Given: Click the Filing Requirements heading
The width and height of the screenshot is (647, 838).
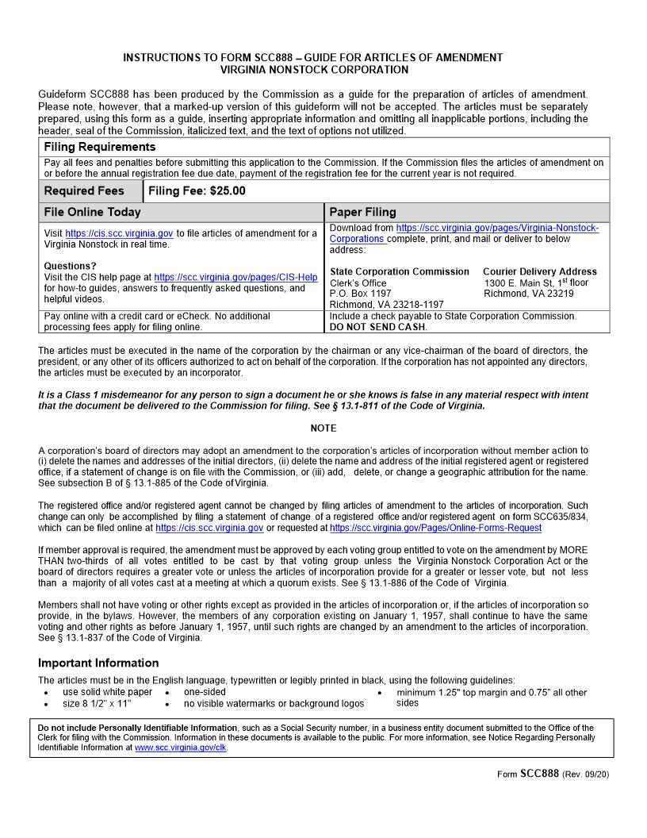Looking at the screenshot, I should [100, 147].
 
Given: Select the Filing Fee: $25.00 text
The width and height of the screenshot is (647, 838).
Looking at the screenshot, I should [197, 191].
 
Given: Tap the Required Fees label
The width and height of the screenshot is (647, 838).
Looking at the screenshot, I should [84, 191].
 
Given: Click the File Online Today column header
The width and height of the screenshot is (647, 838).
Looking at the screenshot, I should [92, 213].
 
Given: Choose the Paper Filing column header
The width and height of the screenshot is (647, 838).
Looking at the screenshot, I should [362, 213].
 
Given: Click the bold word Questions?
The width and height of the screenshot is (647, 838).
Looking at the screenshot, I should [70, 266].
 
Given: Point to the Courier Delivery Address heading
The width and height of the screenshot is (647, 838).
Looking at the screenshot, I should [539, 271].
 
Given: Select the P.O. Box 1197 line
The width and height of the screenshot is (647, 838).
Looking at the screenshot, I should [360, 294].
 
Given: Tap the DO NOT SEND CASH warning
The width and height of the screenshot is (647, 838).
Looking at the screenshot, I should [377, 327].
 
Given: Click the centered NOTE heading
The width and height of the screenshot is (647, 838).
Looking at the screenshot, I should [323, 429].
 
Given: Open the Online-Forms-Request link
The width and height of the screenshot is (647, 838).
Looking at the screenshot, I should [435, 528].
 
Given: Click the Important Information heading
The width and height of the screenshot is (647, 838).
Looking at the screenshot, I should [98, 663].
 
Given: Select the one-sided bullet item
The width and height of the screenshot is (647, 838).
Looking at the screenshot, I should [205, 692].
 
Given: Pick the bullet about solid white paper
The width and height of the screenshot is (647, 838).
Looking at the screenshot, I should [107, 692].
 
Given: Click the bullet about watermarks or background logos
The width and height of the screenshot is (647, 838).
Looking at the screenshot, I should [274, 703].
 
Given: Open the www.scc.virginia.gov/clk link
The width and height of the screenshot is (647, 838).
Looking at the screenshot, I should [180, 748].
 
